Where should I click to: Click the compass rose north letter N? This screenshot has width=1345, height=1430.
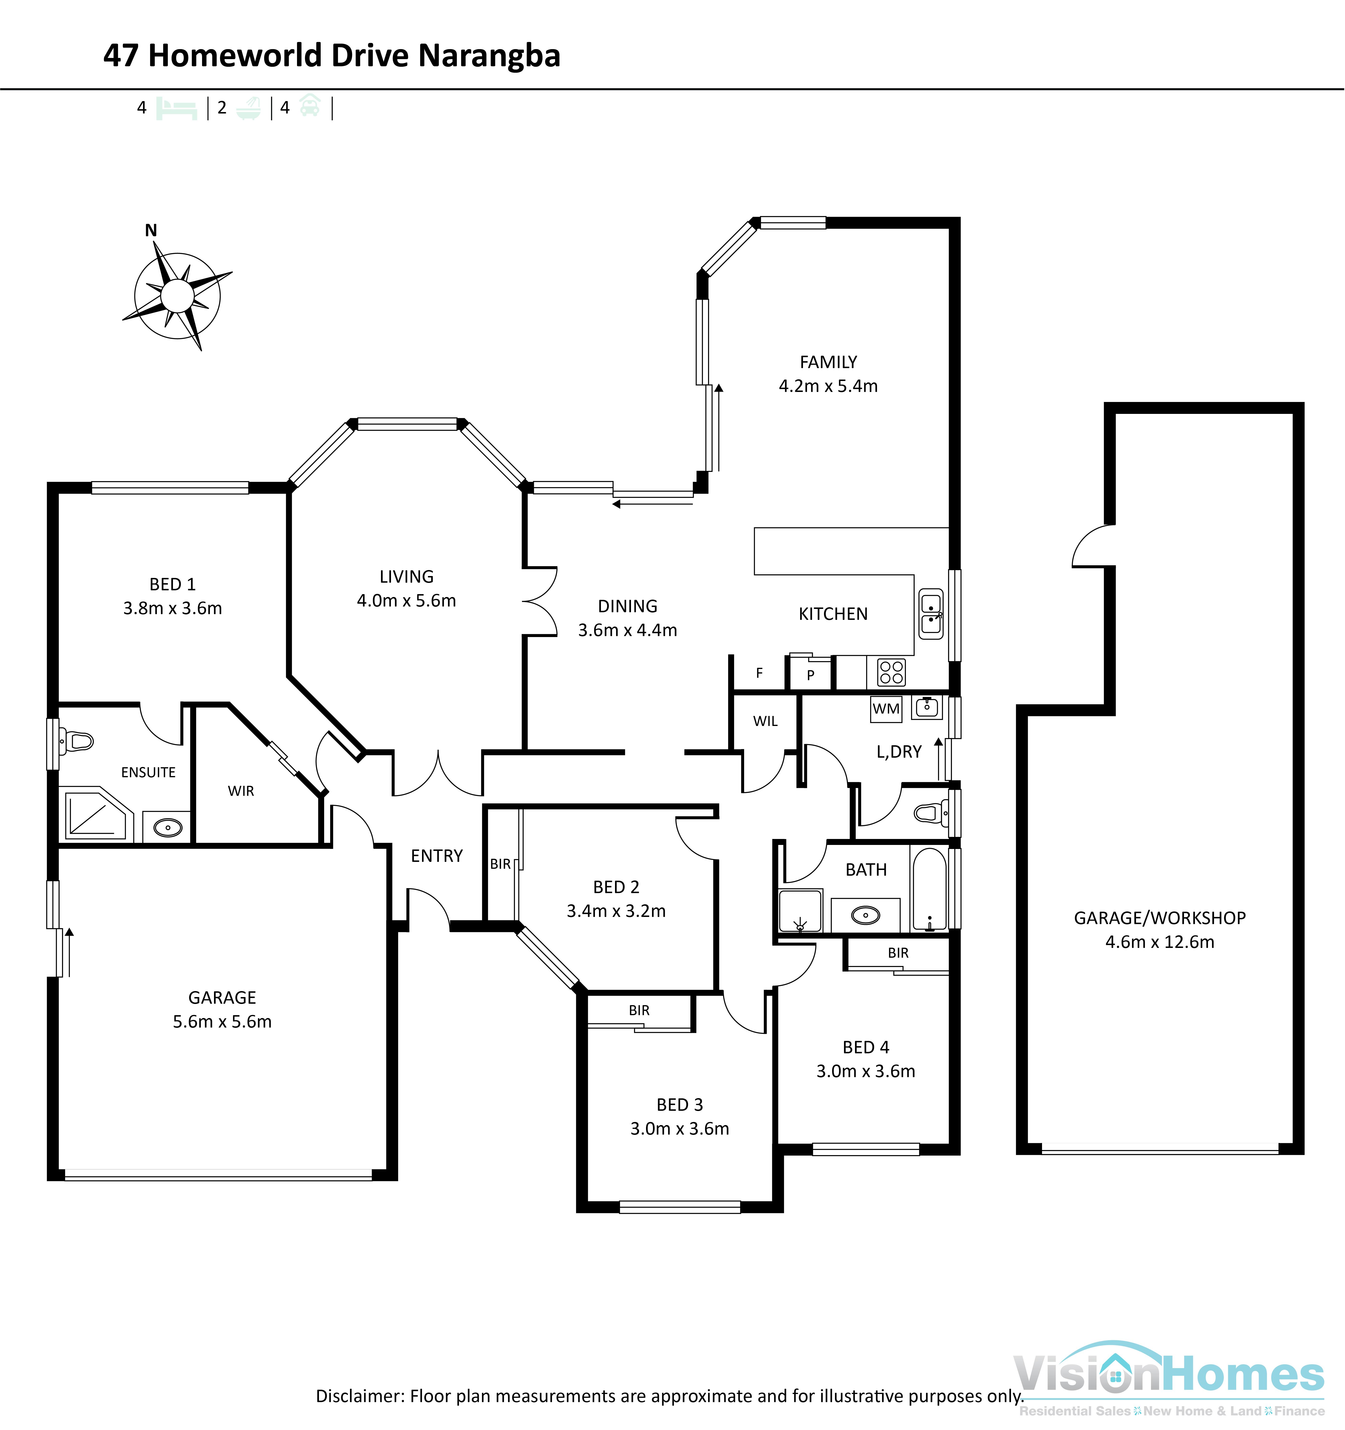pos(151,230)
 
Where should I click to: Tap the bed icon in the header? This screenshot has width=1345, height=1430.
pos(176,109)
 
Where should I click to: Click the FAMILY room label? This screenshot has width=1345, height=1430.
pos(828,362)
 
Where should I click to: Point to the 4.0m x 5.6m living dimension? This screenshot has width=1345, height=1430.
pos(407,601)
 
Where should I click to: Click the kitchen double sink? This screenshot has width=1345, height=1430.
pos(931,614)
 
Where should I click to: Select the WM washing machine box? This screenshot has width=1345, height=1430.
pos(886,709)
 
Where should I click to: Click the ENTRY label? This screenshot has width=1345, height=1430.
pos(437,856)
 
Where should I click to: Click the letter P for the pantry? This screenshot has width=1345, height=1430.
pos(810,675)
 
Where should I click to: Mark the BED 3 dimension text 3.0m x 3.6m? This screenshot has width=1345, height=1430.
pos(679,1129)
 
